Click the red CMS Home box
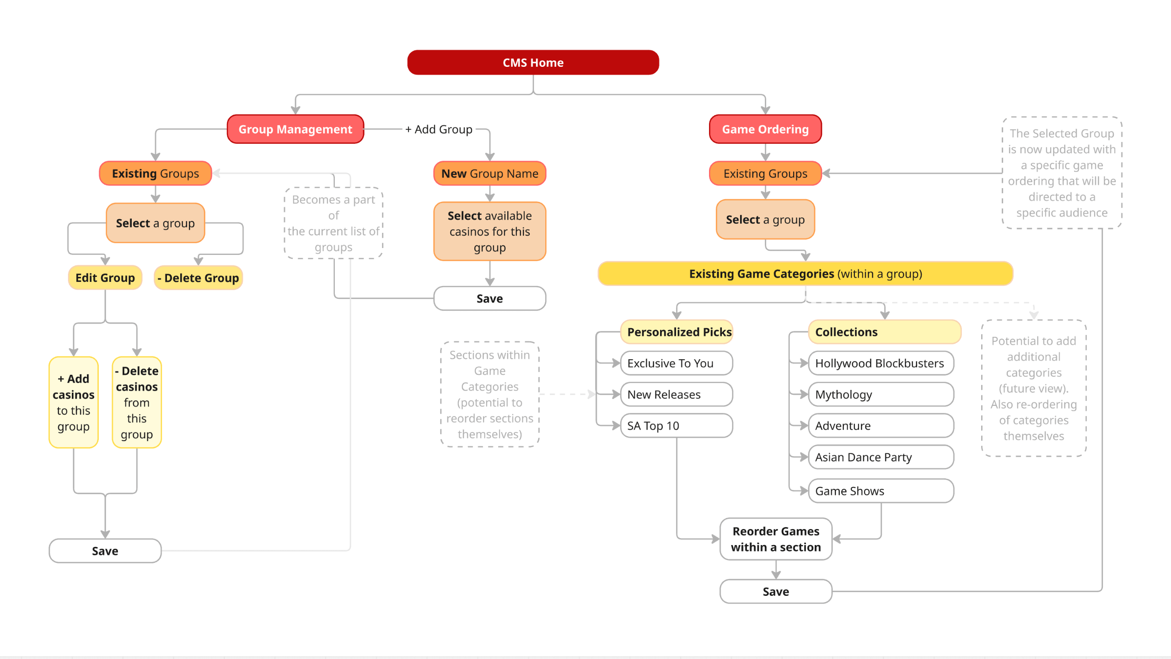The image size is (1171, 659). [533, 63]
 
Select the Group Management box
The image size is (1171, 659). [295, 130]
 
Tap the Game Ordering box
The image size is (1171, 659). [765, 130]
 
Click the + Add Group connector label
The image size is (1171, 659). [439, 130]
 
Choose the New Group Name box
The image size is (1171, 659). [489, 173]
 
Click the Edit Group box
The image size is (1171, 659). [105, 278]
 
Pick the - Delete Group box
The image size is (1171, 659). [198, 278]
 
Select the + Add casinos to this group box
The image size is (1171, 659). [73, 402]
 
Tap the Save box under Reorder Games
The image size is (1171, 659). [775, 591]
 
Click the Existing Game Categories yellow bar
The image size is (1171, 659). [805, 274]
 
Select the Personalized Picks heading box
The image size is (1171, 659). [677, 332]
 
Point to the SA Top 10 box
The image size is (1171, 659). [676, 426]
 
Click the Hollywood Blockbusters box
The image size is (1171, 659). [881, 363]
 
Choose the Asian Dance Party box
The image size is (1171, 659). [881, 457]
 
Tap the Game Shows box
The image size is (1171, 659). [881, 491]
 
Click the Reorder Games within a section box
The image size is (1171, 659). [775, 539]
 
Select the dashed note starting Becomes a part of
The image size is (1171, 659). [333, 223]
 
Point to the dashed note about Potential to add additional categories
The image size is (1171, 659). [1033, 388]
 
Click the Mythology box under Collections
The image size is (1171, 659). [881, 394]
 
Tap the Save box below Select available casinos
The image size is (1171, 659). [489, 298]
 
